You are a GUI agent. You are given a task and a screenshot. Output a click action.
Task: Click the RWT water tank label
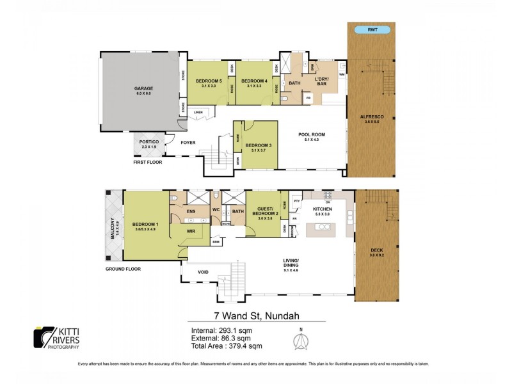[x=372, y=30]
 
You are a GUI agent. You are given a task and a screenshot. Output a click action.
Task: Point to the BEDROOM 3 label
[x=259, y=145]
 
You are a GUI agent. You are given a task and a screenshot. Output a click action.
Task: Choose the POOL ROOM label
[x=312, y=134]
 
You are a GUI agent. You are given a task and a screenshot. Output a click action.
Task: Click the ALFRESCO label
[x=371, y=116]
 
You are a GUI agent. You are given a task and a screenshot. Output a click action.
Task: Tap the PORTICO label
[x=144, y=143]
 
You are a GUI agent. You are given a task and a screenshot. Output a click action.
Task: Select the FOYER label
[x=188, y=143]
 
